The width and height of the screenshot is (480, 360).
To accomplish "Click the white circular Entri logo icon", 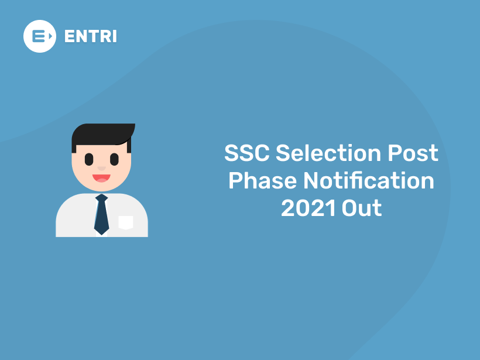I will [x=40, y=36].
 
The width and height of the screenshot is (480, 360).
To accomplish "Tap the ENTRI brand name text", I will [x=90, y=36].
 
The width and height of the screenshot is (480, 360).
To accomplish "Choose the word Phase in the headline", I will [x=262, y=181].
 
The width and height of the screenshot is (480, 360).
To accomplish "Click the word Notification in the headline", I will [x=369, y=181].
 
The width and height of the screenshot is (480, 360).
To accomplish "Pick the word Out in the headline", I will [x=362, y=208].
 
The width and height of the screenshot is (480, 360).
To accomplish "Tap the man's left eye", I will [x=89, y=159].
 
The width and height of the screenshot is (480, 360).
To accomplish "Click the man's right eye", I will [x=114, y=159].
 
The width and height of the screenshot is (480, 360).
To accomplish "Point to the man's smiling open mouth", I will [x=101, y=177].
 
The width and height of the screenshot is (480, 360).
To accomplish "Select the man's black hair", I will [x=100, y=134].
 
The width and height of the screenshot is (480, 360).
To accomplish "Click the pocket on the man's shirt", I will [x=126, y=222].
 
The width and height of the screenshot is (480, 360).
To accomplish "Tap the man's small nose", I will [x=102, y=168].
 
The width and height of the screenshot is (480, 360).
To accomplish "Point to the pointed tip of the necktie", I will [x=102, y=233].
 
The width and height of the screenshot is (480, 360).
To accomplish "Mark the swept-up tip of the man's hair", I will [x=133, y=126].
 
